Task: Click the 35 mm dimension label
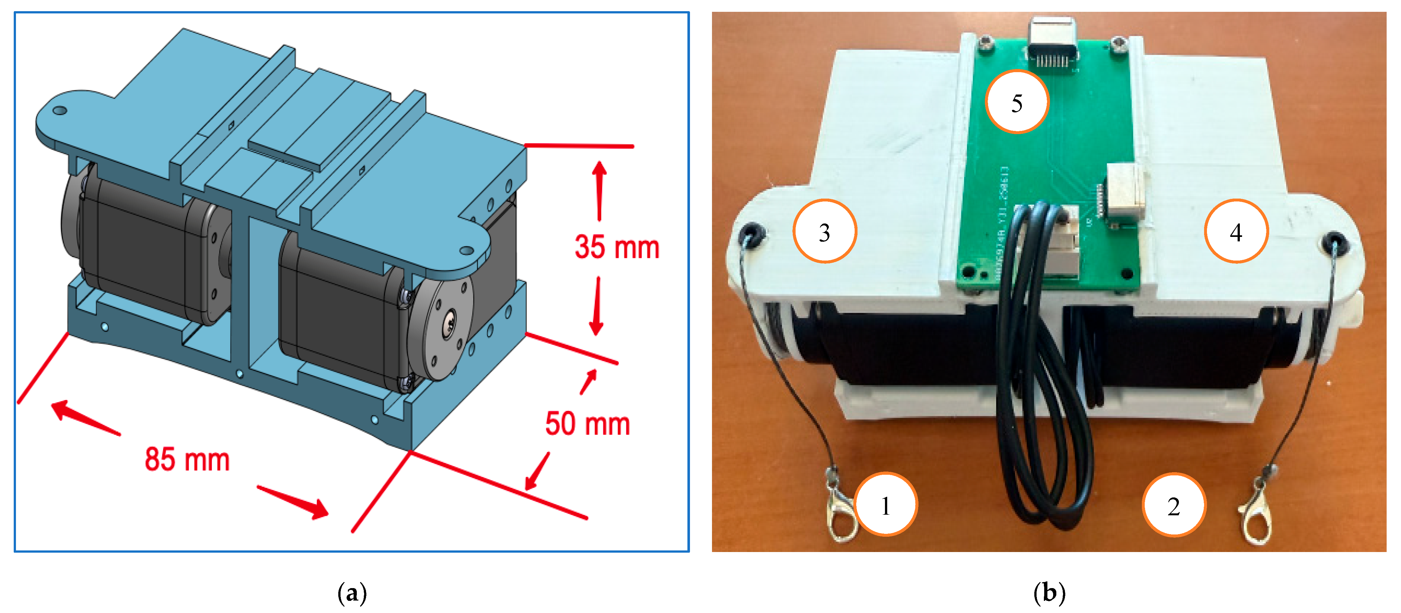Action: pos(617,247)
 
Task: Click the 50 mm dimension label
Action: pos(588,424)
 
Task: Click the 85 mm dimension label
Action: pos(187,460)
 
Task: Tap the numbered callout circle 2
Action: pos(1174,505)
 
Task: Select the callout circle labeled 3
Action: pos(825,231)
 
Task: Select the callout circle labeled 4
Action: pos(1236,231)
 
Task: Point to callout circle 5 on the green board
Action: pos(1016,102)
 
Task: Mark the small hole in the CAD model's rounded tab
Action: pos(60,111)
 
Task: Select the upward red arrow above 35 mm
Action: pos(599,190)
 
